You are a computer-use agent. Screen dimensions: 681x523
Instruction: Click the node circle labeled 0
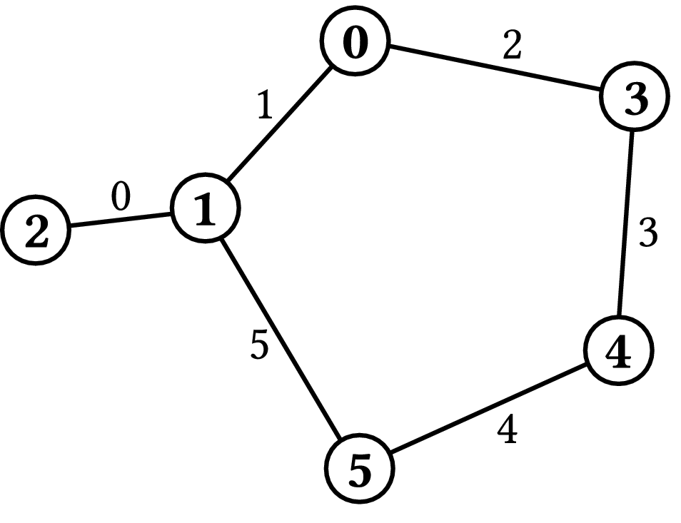355,41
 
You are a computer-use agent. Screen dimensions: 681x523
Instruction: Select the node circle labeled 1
206,208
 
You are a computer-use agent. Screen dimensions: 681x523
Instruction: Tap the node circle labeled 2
36,230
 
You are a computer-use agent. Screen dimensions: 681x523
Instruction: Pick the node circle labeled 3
635,96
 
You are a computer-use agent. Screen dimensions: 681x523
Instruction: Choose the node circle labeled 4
619,350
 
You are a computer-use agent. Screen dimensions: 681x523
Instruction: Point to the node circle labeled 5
360,468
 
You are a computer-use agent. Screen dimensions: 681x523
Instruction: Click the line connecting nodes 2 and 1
121,219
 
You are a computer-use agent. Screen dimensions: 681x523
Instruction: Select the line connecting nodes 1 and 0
280,123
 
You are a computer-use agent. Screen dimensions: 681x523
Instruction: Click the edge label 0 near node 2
121,196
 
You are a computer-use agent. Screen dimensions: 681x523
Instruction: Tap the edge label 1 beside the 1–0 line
265,105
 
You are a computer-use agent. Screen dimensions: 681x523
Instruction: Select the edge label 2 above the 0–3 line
512,45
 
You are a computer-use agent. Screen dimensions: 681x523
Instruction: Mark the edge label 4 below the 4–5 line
508,430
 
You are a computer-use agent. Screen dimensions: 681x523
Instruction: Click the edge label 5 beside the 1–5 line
259,345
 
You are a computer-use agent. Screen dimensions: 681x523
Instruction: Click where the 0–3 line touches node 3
601,91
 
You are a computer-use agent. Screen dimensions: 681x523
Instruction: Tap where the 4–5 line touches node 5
391,454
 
